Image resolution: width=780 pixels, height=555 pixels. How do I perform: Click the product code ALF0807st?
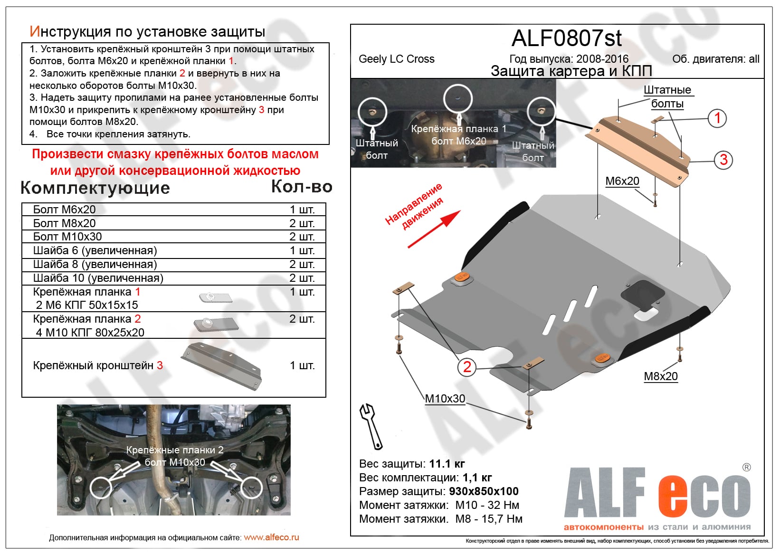click(x=566, y=38)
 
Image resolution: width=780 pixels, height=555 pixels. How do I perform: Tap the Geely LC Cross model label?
click(x=396, y=59)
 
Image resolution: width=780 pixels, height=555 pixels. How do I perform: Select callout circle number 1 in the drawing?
click(x=717, y=118)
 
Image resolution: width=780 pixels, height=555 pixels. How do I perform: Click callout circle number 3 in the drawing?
click(x=723, y=160)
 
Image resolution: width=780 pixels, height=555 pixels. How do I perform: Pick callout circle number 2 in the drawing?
click(x=467, y=366)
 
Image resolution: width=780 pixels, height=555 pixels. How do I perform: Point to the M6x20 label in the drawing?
click(x=622, y=181)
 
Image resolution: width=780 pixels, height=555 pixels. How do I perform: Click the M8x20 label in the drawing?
click(x=660, y=376)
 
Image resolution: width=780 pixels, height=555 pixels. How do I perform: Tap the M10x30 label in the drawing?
click(x=445, y=399)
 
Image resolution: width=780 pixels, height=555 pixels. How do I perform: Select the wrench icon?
click(x=371, y=426)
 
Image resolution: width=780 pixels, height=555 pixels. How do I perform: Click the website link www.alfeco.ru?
click(x=271, y=537)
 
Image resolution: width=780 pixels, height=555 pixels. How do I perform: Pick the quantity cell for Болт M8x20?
click(x=302, y=223)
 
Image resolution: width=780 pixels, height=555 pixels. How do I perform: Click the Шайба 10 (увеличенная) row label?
click(x=98, y=278)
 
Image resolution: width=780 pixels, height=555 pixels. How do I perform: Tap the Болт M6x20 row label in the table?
click(x=64, y=210)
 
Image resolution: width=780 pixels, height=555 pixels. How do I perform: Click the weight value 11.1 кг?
click(x=447, y=464)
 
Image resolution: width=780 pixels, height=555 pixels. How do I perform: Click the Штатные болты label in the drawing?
click(x=667, y=96)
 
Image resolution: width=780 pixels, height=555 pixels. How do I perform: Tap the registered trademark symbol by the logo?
click(x=746, y=468)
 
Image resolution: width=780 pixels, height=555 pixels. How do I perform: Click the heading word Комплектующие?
click(x=95, y=188)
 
